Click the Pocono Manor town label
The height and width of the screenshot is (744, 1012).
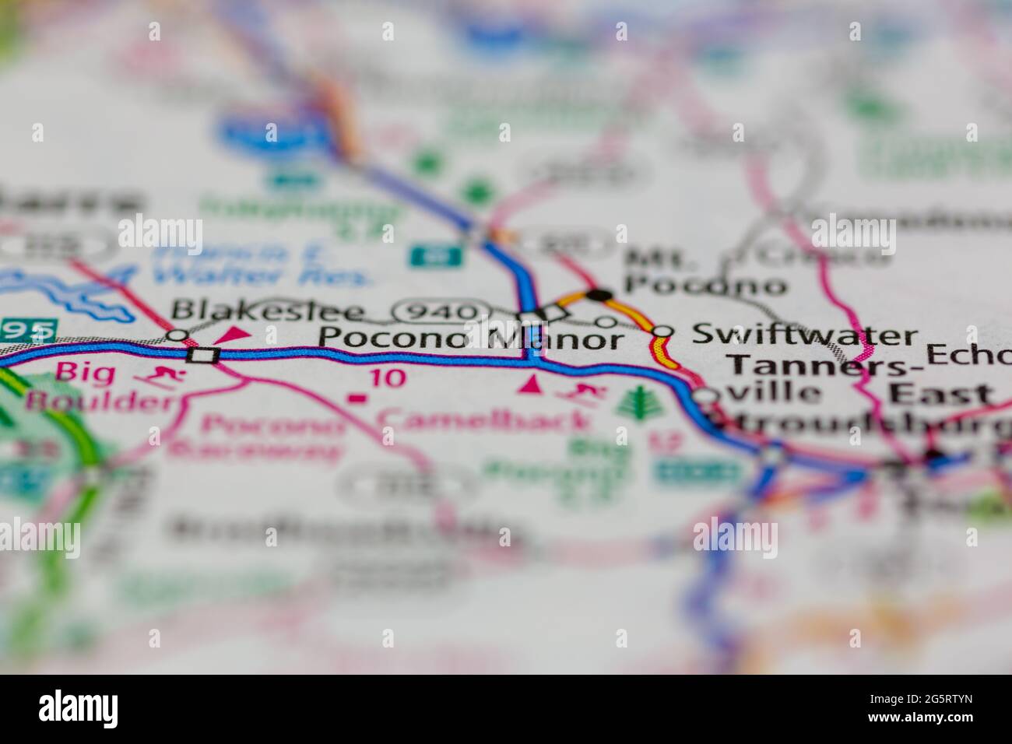473,339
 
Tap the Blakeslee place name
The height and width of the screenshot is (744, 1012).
269,311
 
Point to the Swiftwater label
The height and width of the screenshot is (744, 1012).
805,335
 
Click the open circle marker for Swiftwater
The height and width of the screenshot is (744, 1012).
661,332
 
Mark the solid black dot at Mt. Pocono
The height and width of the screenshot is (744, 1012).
599,294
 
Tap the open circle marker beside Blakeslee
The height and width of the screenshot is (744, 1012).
178,335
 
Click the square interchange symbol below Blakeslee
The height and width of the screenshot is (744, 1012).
205,355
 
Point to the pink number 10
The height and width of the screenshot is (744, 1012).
387,378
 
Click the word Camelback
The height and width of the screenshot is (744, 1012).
483,421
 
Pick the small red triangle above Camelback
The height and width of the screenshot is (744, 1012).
533,384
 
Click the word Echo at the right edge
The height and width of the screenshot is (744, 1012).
967,355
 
